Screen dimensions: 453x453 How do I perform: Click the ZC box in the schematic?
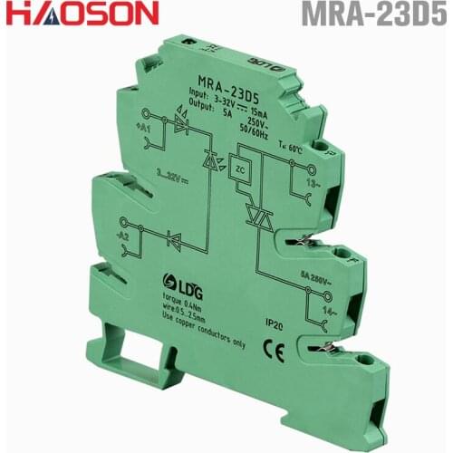pos(239,169)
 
